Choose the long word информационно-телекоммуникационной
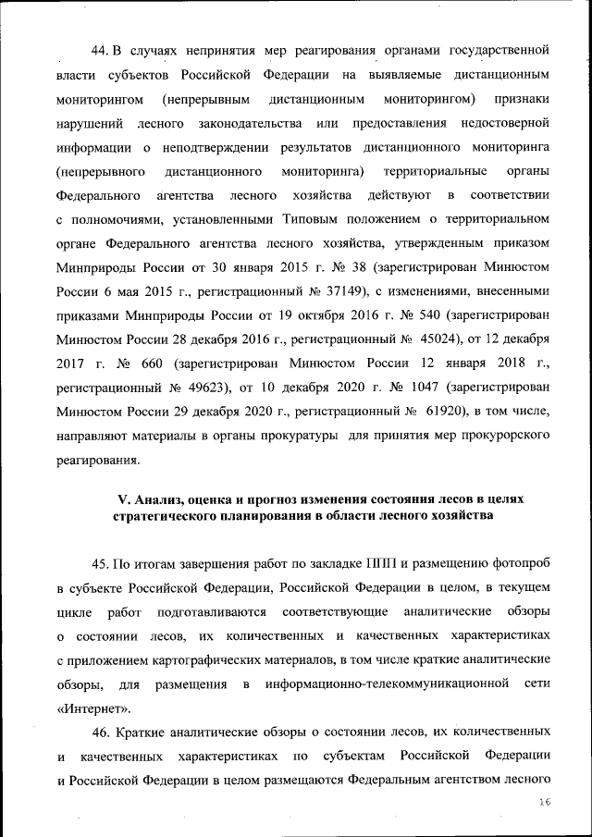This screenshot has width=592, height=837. point(388,684)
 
